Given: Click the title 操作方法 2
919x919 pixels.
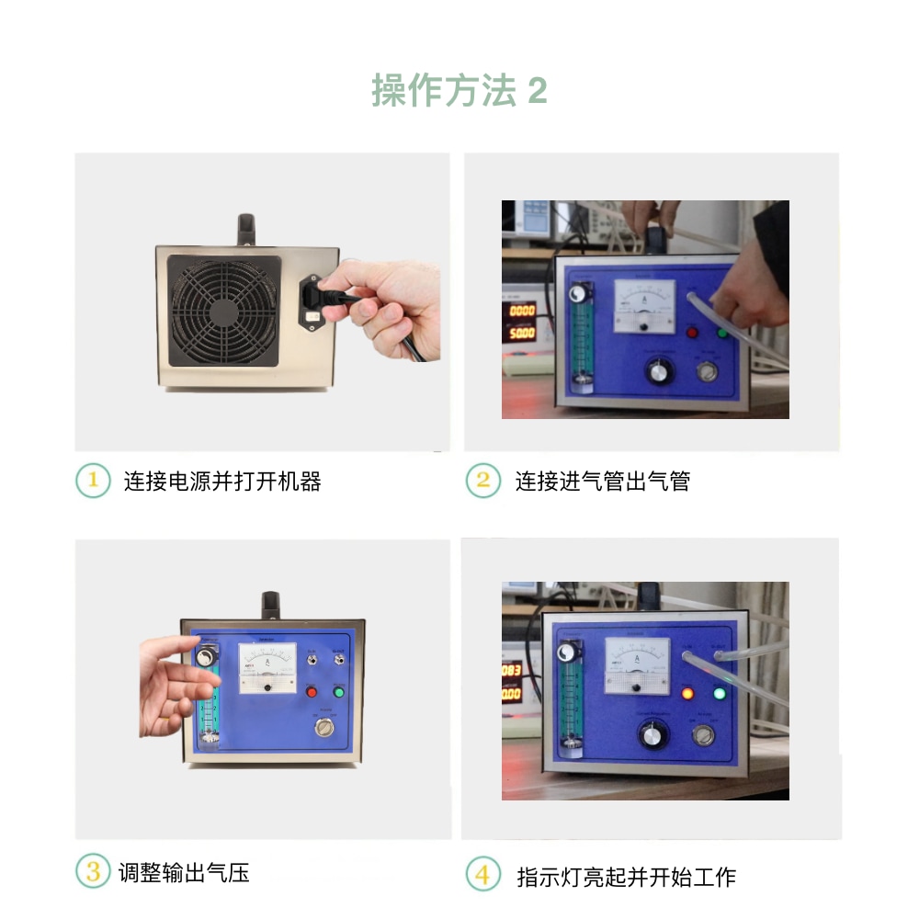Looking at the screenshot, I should click(459, 91).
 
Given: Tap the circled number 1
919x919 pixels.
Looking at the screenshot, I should click(93, 481).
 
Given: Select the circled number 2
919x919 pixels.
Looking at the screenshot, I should click(482, 481).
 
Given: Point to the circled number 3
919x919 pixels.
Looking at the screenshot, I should click(93, 871).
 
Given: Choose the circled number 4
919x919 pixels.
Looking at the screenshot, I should click(482, 874).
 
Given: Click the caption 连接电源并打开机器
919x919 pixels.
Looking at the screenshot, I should click(222, 481).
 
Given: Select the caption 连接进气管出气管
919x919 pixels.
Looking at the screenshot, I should click(602, 481).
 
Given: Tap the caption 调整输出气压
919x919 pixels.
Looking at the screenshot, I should click(184, 871).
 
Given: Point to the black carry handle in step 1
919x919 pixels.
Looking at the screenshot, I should click(245, 229).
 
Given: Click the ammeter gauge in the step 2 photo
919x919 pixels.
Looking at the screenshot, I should click(644, 305).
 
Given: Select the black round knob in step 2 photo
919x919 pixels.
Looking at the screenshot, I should click(658, 371).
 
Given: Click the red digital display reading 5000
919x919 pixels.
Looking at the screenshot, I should click(521, 334).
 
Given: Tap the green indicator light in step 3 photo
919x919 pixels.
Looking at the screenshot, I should click(339, 692).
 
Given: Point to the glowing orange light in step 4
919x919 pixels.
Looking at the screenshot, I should click(687, 694).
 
